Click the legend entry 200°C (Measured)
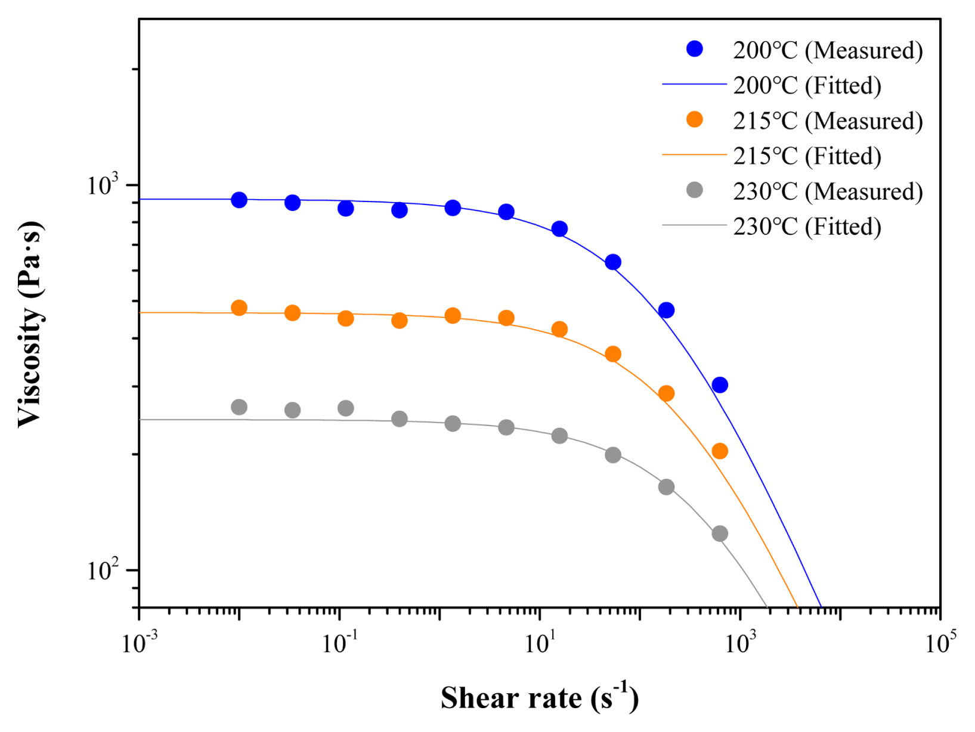(827, 50)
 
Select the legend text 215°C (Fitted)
(807, 156)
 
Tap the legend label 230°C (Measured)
(827, 191)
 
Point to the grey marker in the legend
(694, 190)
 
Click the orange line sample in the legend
(694, 155)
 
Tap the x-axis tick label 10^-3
(140, 643)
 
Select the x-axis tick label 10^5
(940, 643)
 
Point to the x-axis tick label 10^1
(540, 643)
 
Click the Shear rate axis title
(539, 697)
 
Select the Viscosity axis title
(30, 324)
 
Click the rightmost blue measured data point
(720, 385)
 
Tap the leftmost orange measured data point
(239, 308)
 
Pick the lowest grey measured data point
(720, 534)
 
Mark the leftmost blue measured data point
(239, 200)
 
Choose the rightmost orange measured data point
(720, 451)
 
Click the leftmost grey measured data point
(239, 407)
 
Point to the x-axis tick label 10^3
(740, 643)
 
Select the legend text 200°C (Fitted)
(807, 86)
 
